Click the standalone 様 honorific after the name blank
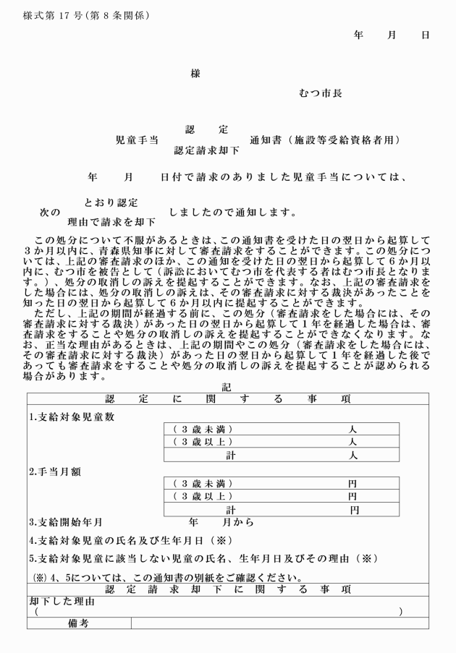(x=195, y=73)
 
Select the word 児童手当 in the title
(x=138, y=140)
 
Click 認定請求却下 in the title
(x=206, y=151)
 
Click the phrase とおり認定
(x=111, y=202)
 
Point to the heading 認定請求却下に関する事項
(x=227, y=589)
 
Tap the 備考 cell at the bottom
(x=77, y=623)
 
